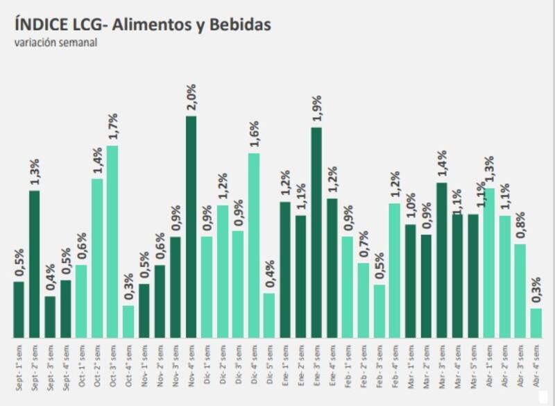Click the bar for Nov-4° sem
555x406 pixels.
click(191, 226)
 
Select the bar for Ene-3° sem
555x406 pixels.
click(316, 232)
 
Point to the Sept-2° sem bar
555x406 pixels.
click(34, 264)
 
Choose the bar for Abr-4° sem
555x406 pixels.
click(536, 323)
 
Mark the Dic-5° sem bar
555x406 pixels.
click(269, 315)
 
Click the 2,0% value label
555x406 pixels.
click(191, 98)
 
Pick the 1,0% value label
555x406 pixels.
click(411, 208)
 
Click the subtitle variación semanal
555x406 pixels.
click(55, 42)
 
